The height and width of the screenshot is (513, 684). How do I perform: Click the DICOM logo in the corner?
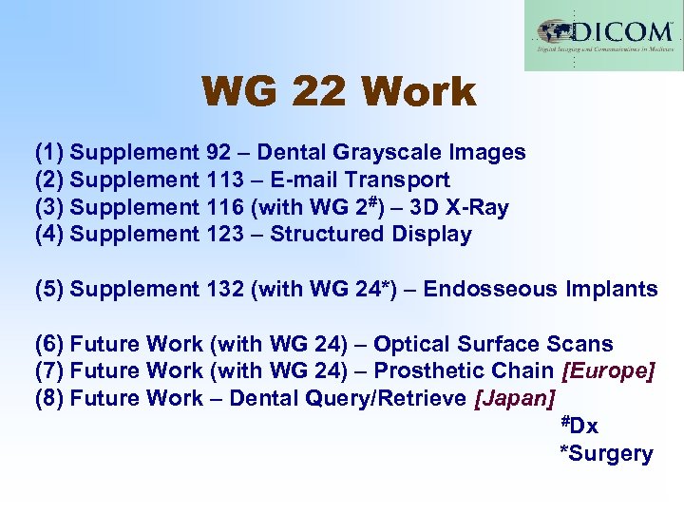tap(603, 36)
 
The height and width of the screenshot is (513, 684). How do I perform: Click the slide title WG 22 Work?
tap(338, 92)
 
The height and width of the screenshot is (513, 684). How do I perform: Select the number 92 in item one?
tap(218, 152)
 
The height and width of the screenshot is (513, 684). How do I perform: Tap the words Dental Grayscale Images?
tap(391, 152)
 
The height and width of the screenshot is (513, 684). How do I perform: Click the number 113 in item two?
tap(224, 180)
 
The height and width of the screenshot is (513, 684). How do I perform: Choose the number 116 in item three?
tap(224, 207)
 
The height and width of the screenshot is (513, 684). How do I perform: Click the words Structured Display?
tap(370, 234)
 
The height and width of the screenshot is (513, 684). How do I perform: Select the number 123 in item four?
tap(224, 234)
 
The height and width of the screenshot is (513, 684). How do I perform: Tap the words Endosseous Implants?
tap(541, 289)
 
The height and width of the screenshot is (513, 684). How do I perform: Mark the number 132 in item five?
tap(224, 289)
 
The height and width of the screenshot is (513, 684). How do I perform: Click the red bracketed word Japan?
tap(514, 398)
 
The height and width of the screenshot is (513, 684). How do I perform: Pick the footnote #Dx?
tap(579, 426)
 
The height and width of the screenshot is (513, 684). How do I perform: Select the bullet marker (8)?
tap(49, 398)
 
